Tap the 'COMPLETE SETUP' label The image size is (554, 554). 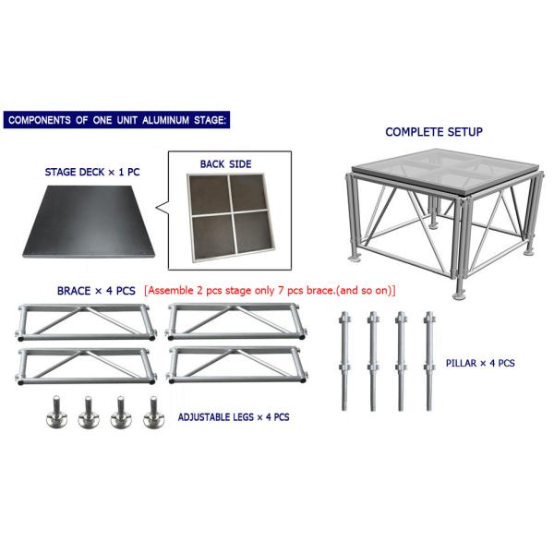433,132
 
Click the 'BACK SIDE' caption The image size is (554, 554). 225,164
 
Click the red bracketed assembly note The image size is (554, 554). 270,290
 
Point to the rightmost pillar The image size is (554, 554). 428,362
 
